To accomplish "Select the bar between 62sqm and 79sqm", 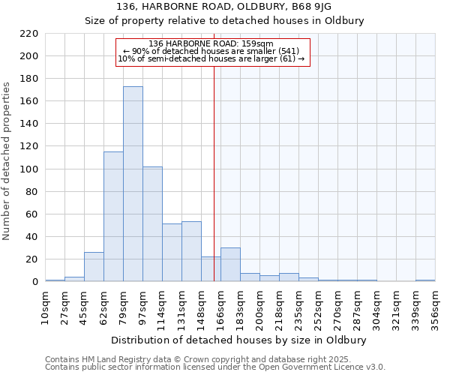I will tap(113, 217).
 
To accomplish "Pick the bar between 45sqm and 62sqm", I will tap(94, 267).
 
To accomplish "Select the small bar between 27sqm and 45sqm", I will tap(74, 279).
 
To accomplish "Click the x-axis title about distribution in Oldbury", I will tap(238, 340).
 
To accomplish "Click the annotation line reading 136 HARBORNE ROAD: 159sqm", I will tap(211, 43).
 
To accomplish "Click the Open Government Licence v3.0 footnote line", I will tap(215, 367).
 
